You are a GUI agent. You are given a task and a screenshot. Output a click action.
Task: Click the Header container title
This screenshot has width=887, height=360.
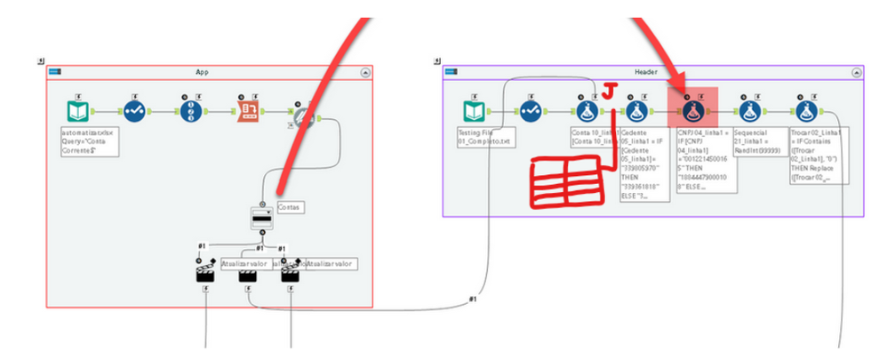(645, 71)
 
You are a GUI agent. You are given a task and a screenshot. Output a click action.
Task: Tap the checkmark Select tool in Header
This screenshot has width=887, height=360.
(531, 112)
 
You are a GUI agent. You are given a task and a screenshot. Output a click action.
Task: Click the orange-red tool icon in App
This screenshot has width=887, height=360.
(249, 111)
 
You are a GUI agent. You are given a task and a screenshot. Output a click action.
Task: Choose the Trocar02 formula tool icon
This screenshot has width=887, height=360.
(806, 112)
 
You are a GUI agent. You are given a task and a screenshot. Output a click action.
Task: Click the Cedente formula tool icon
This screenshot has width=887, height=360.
(635, 112)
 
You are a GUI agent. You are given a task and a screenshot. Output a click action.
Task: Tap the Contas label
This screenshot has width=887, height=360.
(290, 206)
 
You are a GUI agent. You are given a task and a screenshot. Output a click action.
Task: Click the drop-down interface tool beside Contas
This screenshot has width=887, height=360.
(261, 216)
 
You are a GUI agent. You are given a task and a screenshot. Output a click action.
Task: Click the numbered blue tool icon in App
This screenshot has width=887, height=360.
(192, 112)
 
